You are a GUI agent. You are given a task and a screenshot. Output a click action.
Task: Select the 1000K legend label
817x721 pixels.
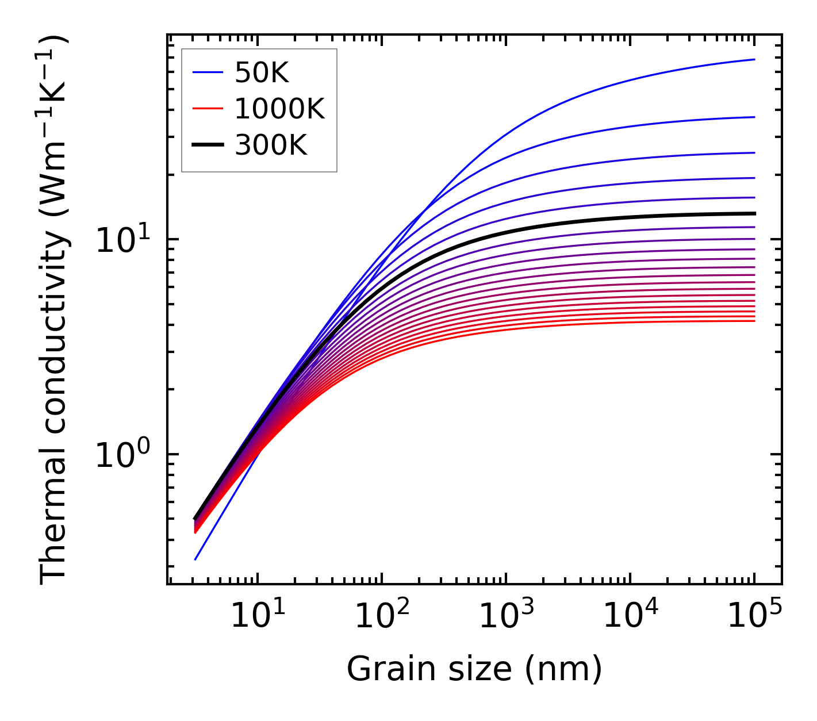pos(279,109)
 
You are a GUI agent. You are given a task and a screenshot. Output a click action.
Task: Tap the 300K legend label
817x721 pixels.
pos(271,145)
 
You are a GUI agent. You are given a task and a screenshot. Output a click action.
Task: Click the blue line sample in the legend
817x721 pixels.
pos(208,72)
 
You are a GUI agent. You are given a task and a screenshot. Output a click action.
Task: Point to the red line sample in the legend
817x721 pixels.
pos(208,109)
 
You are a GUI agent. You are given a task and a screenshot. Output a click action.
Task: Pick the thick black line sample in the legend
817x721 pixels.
pos(208,145)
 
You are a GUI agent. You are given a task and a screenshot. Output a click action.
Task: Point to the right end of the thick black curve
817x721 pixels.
pos(754,213)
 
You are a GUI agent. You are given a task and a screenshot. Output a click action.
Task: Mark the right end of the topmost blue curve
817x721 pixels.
pos(754,59)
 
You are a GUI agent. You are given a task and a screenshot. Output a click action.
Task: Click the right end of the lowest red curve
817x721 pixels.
pos(754,321)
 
